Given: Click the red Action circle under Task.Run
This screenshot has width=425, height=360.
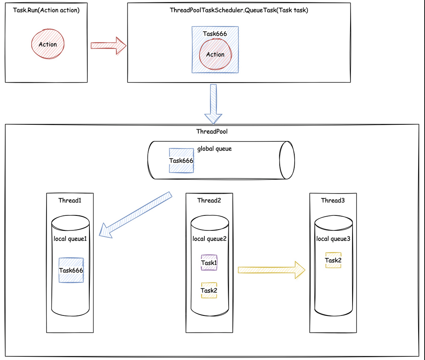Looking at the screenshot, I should tap(47, 44).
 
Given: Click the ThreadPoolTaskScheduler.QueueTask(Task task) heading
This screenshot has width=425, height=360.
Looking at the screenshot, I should tap(239, 10).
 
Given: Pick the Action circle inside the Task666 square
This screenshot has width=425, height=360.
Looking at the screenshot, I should tap(215, 55).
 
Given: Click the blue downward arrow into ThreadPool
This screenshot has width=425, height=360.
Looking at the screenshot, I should tap(213, 104).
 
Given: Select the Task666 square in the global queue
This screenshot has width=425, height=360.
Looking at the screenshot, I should tap(181, 160).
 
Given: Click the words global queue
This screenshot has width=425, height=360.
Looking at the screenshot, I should tap(215, 149).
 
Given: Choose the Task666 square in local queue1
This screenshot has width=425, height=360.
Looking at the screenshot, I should tap(71, 270).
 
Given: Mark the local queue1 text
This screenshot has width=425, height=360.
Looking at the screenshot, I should tap(70, 239).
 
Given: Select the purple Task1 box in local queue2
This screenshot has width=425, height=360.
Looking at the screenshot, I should tap(209, 263).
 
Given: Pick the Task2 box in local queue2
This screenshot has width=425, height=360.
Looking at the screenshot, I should tap(209, 290).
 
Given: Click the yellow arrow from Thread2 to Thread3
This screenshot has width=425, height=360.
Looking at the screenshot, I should tap(271, 270).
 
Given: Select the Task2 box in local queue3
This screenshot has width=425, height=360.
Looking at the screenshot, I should tap(333, 260).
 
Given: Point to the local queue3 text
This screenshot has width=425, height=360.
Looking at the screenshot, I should tap(333, 239).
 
